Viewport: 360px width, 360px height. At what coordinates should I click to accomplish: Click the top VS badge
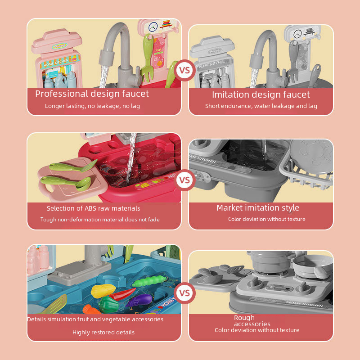184,70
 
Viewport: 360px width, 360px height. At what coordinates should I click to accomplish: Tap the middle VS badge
184,180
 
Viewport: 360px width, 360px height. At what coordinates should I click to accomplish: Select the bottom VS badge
184,293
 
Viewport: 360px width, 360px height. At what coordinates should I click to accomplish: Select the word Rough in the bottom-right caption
244,318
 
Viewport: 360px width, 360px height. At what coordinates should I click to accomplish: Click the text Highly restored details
103,332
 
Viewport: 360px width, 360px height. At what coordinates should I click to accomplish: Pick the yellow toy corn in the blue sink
103,290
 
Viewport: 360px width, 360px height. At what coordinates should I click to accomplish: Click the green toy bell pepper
108,305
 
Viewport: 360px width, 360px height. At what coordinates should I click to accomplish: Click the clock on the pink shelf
153,27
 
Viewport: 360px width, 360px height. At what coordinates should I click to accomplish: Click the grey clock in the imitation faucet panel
298,34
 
